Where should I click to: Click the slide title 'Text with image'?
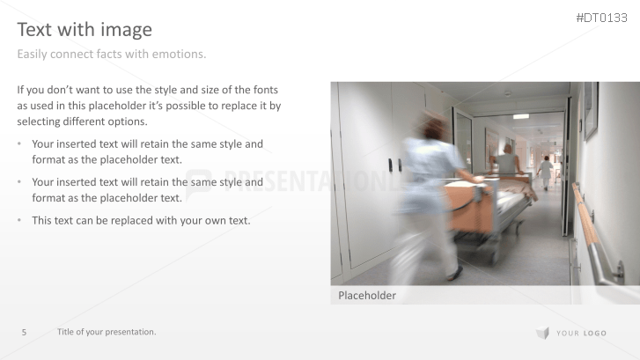pyautogui.click(x=85, y=30)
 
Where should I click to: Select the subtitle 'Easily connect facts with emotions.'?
pyautogui.click(x=112, y=55)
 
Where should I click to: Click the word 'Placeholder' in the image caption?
pyautogui.click(x=367, y=296)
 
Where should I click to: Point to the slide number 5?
pyautogui.click(x=24, y=332)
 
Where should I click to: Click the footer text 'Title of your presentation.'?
pyautogui.click(x=107, y=332)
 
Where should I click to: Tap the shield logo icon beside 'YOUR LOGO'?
pyautogui.click(x=542, y=333)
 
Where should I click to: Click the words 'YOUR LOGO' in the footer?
pyautogui.click(x=581, y=334)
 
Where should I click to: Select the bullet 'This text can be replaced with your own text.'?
pyautogui.click(x=141, y=220)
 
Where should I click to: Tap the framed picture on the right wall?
pyautogui.click(x=591, y=109)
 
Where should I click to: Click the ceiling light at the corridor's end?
pyautogui.click(x=521, y=116)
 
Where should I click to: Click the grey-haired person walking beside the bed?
pyautogui.click(x=507, y=161)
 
